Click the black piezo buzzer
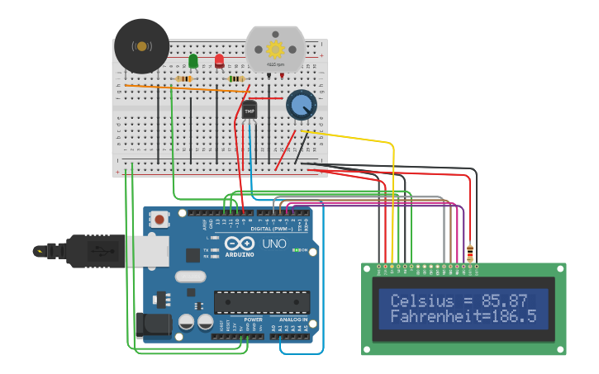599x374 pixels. (141, 46)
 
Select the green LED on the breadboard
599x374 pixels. (193, 61)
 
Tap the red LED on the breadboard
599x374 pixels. (219, 61)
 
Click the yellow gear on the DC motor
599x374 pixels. (275, 49)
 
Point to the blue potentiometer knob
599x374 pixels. (302, 105)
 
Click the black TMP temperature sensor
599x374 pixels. (250, 110)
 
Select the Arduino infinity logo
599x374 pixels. (240, 244)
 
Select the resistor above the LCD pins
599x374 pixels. (471, 252)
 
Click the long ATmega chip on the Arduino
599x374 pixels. (262, 302)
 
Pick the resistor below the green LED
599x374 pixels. (185, 78)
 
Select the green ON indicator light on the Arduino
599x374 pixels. (295, 250)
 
